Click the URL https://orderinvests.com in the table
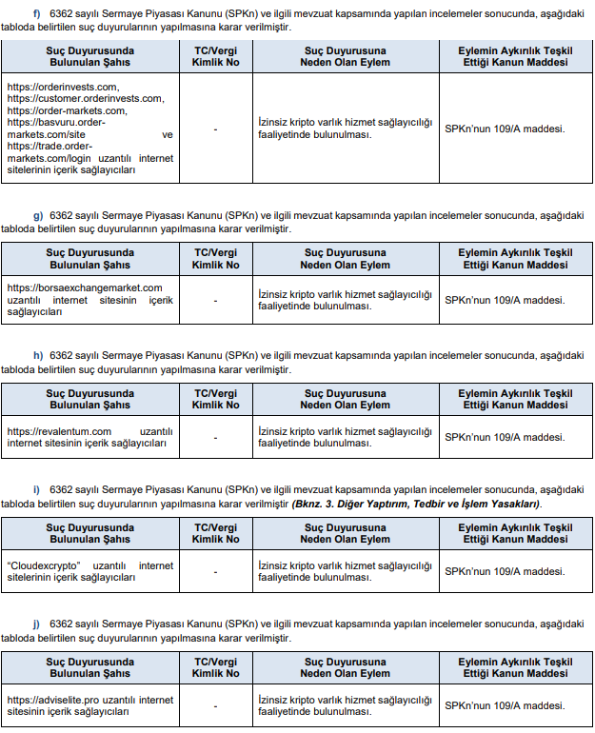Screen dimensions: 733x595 coord(62,87)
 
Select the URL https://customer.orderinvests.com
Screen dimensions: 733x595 coord(85,98)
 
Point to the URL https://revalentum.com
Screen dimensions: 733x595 coord(59,431)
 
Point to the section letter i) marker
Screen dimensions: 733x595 coord(36,489)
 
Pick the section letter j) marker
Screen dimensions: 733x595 coord(36,624)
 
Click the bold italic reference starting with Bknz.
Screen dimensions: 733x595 coord(416,503)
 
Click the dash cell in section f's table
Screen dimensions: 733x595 coord(215,129)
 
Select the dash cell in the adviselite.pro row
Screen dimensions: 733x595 coord(215,706)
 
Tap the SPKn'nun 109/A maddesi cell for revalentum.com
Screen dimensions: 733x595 coord(505,437)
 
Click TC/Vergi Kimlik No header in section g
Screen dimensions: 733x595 coord(215,259)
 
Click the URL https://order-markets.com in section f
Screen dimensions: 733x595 coord(67,109)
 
